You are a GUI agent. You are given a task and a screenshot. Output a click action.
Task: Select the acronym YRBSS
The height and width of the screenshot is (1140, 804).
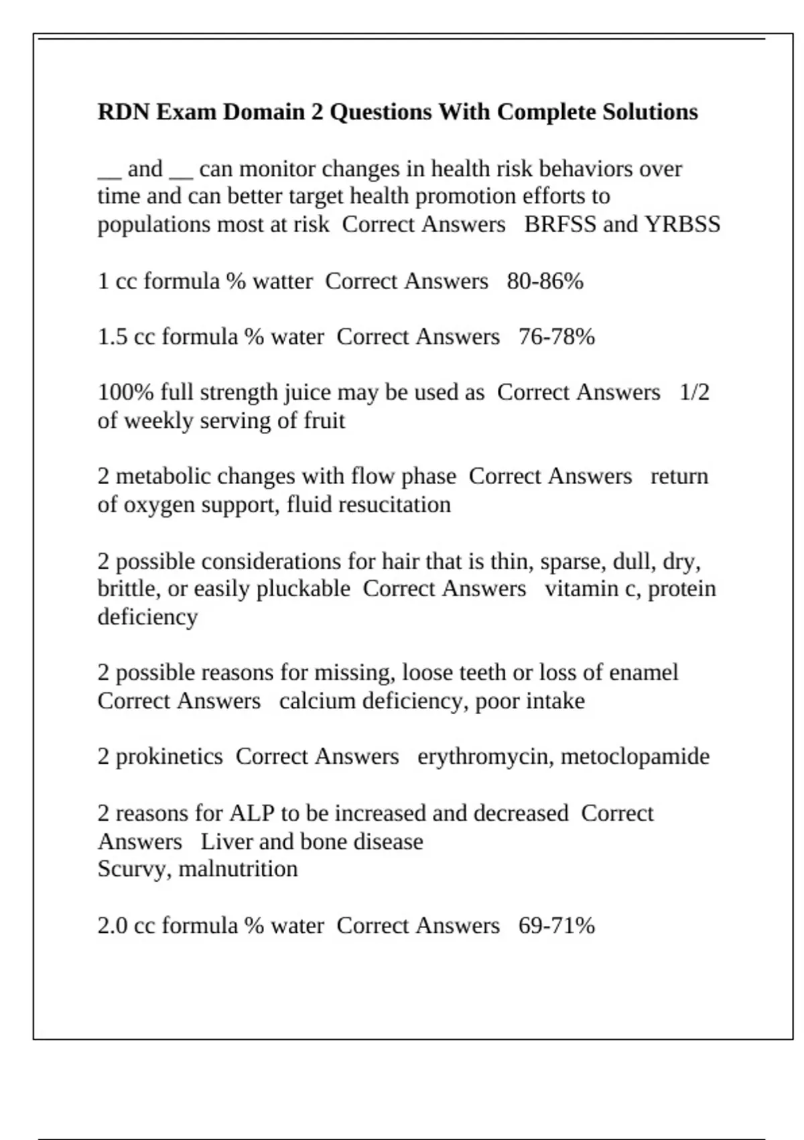pyautogui.click(x=682, y=224)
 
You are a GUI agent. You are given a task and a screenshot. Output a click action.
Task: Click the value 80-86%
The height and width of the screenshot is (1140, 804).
pyautogui.click(x=545, y=281)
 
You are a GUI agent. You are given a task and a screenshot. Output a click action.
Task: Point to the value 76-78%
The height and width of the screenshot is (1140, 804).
pyautogui.click(x=557, y=337)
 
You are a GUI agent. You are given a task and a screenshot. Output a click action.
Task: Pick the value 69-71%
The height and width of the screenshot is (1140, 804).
pyautogui.click(x=557, y=925)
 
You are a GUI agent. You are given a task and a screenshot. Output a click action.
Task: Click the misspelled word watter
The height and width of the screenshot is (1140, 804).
pyautogui.click(x=282, y=281)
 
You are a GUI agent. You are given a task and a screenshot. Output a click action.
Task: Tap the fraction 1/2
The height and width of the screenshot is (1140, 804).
pyautogui.click(x=694, y=392)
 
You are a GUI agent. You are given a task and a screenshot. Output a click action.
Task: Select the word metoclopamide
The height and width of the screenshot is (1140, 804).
pyautogui.click(x=635, y=756)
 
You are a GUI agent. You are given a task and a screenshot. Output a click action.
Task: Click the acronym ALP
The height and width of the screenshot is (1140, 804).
pyautogui.click(x=252, y=813)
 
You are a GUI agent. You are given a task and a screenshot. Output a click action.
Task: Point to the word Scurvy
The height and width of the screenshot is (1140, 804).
pyautogui.click(x=135, y=870)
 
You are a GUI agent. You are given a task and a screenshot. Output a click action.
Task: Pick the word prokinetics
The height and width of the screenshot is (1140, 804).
pyautogui.click(x=170, y=756)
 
